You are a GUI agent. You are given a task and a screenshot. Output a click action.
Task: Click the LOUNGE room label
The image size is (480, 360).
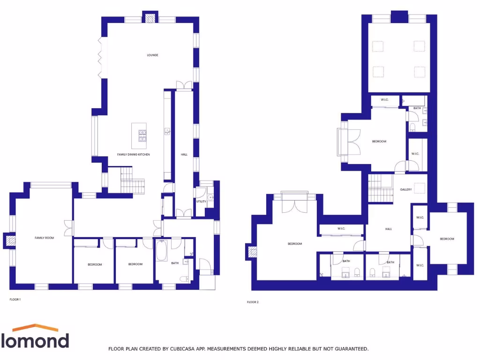click(152, 55)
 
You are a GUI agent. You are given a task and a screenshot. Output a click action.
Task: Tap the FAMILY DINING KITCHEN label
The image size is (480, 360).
click(134, 155)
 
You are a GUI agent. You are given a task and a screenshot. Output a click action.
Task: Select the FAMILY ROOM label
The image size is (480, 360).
click(45, 238)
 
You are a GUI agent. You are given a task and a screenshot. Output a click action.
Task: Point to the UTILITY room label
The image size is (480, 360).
click(201, 201)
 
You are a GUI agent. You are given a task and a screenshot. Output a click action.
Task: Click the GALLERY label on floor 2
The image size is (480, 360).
click(406, 189)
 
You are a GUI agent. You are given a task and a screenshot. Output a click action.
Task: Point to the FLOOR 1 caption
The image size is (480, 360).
click(15, 299)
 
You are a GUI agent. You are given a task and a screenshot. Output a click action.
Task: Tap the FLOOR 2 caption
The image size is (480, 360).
click(253, 302)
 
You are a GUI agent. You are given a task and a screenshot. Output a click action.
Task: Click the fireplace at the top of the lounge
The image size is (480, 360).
click(150, 18)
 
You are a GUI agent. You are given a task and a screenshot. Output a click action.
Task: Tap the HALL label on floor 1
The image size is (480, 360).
click(184, 155)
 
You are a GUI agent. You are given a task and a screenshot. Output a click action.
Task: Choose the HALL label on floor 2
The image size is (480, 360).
click(389, 229)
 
